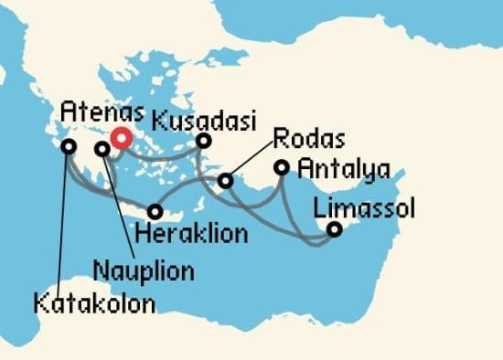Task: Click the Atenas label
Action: [x=101, y=114]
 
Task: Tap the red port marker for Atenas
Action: [x=121, y=140]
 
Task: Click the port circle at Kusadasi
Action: [x=204, y=141]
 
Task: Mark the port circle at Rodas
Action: [x=226, y=183]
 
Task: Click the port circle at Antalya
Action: [x=283, y=168]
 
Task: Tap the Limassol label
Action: [x=364, y=209]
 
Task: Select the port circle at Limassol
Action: [x=335, y=229]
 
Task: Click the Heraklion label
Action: [x=191, y=234]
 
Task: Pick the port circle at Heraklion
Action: [x=156, y=211]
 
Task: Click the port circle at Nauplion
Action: [x=102, y=147]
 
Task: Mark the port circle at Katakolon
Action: [x=67, y=146]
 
